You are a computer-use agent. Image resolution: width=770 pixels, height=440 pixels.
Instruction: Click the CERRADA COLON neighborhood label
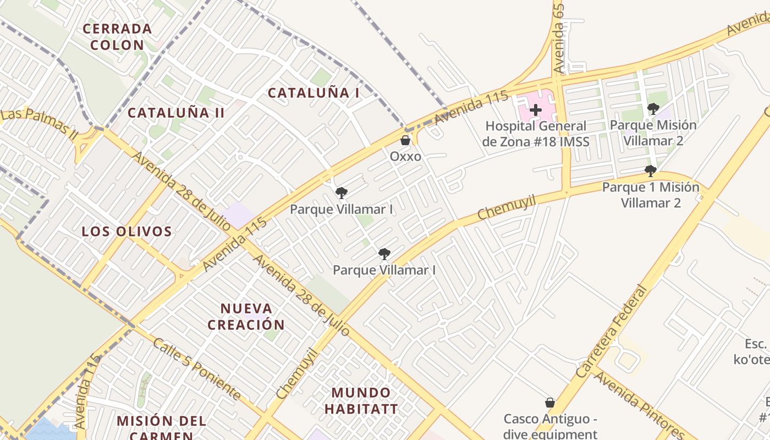point(117,36)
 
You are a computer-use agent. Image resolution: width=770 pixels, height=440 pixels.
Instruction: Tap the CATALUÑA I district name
point(313,93)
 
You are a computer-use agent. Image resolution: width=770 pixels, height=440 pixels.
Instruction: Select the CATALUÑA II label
point(176,113)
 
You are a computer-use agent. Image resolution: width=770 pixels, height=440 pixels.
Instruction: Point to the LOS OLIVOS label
point(127,232)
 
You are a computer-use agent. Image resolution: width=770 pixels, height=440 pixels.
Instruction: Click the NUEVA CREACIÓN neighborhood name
point(246,316)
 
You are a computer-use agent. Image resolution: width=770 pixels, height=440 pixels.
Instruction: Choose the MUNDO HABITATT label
point(361,400)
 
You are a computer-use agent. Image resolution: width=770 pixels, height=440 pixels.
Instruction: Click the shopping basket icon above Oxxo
point(405,141)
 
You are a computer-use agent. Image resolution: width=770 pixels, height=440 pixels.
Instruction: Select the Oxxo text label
point(405,157)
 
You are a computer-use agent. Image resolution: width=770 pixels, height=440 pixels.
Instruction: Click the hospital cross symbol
point(536,110)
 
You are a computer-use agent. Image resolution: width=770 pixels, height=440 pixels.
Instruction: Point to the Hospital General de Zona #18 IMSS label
point(536,134)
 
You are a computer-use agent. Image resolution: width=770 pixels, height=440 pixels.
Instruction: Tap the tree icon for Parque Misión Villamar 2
point(653,108)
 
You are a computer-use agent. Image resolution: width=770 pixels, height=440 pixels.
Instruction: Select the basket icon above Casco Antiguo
point(549,403)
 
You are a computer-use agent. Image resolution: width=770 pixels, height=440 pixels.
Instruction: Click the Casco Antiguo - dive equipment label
point(550,426)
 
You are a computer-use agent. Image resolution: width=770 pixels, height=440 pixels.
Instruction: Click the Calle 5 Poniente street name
point(196,369)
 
